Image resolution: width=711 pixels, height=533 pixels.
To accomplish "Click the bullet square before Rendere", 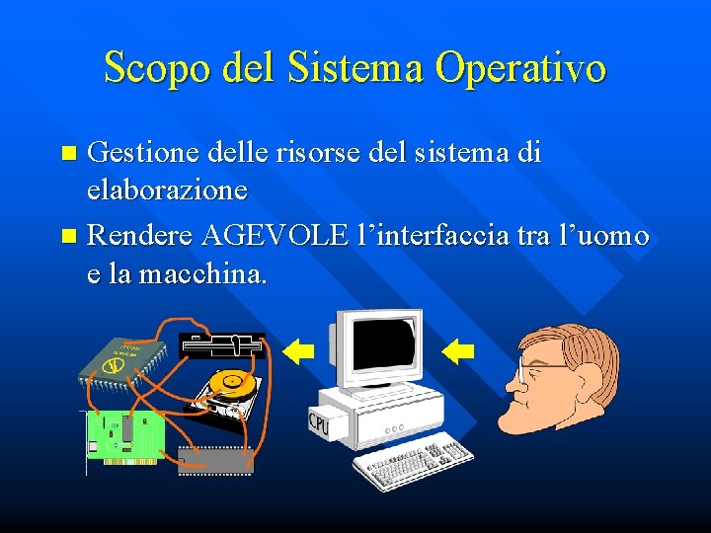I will coord(68,237).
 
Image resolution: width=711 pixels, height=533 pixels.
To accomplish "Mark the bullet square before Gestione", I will coord(68,155).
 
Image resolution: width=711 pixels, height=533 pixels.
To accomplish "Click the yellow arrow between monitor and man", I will coord(459,350).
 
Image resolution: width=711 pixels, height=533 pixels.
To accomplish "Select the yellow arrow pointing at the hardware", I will coord(298,350).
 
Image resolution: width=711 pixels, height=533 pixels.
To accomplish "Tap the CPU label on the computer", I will coord(319,423).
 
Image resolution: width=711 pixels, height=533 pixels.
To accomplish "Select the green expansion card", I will coord(125,435).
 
